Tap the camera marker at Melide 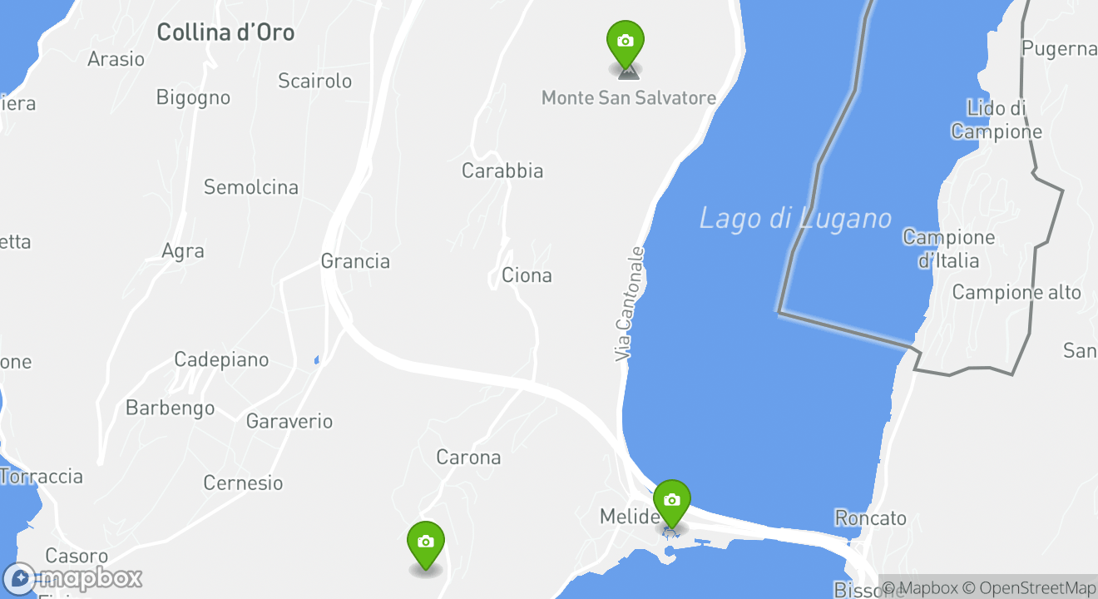tap(672, 501)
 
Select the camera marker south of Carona tap(426, 542)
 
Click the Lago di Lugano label tap(795, 219)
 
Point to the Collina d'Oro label tap(225, 33)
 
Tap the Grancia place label tap(355, 261)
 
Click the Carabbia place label tap(502, 171)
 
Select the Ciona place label tap(527, 275)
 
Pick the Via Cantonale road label tap(630, 304)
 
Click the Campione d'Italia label tap(948, 249)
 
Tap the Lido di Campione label tap(997, 120)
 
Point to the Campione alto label tap(1016, 293)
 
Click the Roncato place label tap(870, 518)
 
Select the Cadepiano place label tap(221, 360)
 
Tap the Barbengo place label tap(170, 408)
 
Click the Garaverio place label tap(289, 422)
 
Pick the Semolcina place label tap(251, 187)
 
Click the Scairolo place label tap(315, 82)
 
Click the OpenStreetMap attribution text tap(1036, 587)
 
